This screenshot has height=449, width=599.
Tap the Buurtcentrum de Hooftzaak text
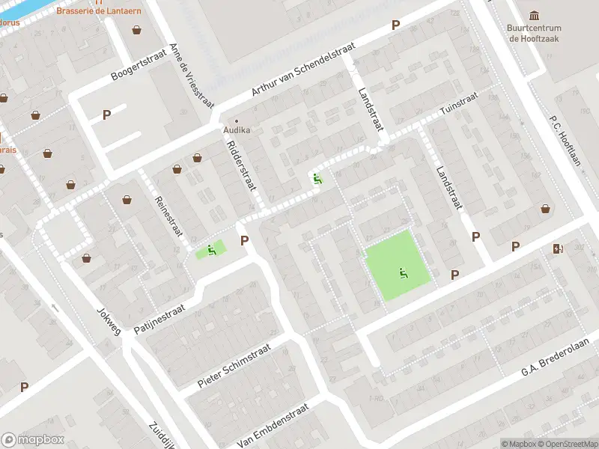pos(535,34)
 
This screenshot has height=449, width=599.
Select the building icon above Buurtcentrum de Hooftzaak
pos(535,16)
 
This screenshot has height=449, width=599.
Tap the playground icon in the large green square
pos(404,273)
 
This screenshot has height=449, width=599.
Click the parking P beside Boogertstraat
pos(106,114)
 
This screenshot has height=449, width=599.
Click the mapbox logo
pos(33,440)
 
